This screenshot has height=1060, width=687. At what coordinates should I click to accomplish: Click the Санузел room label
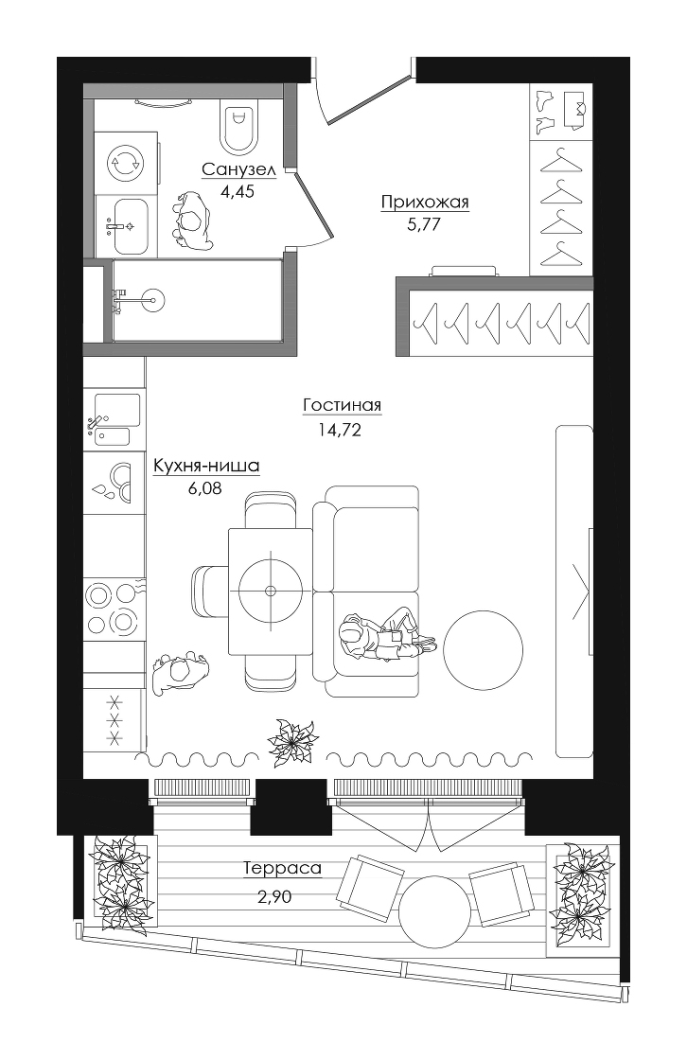point(238,169)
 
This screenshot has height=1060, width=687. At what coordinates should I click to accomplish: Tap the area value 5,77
point(424,223)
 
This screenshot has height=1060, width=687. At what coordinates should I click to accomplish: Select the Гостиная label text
point(343,405)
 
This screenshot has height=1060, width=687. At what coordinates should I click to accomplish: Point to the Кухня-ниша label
point(206,466)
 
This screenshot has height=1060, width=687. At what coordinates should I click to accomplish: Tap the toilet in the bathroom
point(239,127)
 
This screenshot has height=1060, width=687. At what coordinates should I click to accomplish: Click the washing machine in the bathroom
point(126,164)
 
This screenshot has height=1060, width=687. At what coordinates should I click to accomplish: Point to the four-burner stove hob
point(114,609)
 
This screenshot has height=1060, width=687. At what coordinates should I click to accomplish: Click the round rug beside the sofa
point(483,650)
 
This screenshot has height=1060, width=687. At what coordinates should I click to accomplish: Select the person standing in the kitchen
point(179,673)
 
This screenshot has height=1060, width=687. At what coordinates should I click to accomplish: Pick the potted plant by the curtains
point(292,742)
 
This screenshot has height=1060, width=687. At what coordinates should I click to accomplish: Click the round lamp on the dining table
point(271,591)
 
